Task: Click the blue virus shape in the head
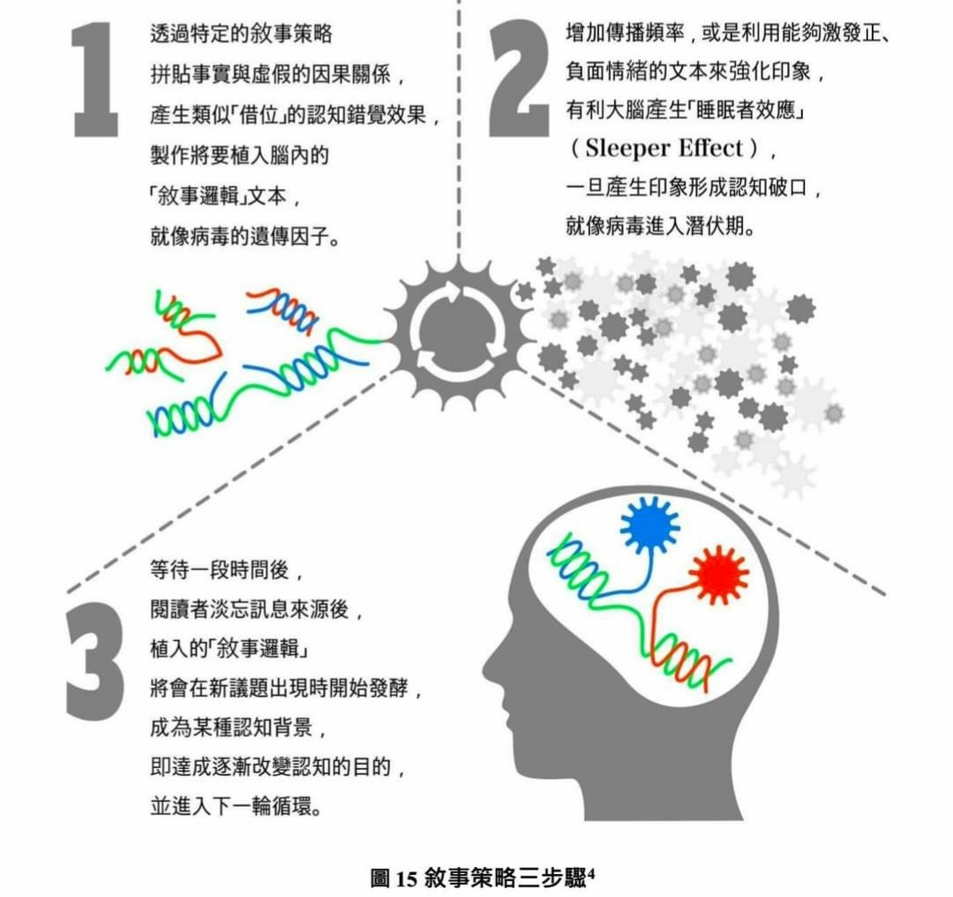point(649,526)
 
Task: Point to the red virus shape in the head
point(719,575)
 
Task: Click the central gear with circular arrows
point(458,333)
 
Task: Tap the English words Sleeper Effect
point(664,148)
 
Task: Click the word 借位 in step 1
point(259,115)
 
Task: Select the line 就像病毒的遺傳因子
point(245,236)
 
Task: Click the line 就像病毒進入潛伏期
point(661,226)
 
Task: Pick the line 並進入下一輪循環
point(236,806)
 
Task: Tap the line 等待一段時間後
point(226,570)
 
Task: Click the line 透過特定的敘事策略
point(241,34)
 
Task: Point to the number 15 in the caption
point(407,879)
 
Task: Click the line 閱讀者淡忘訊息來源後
point(256,609)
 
